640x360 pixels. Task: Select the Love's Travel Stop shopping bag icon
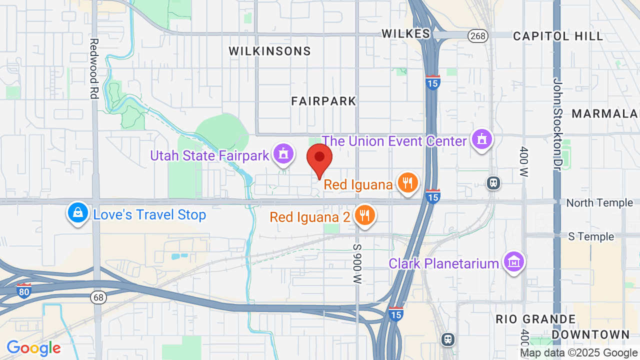(77, 213)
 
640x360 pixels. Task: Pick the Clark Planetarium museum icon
(514, 262)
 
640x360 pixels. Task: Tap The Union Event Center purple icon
(482, 139)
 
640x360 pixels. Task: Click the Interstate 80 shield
(23, 290)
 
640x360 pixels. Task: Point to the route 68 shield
(98, 297)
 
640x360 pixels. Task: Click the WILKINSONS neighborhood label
(270, 51)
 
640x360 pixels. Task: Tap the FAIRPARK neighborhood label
(324, 101)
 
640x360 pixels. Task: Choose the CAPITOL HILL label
(558, 36)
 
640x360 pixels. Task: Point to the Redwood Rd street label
(93, 68)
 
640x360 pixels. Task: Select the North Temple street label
(599, 202)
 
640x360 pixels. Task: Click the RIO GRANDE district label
(535, 319)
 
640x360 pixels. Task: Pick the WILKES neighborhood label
(405, 33)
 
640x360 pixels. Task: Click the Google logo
(33, 348)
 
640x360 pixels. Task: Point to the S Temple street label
(591, 236)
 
